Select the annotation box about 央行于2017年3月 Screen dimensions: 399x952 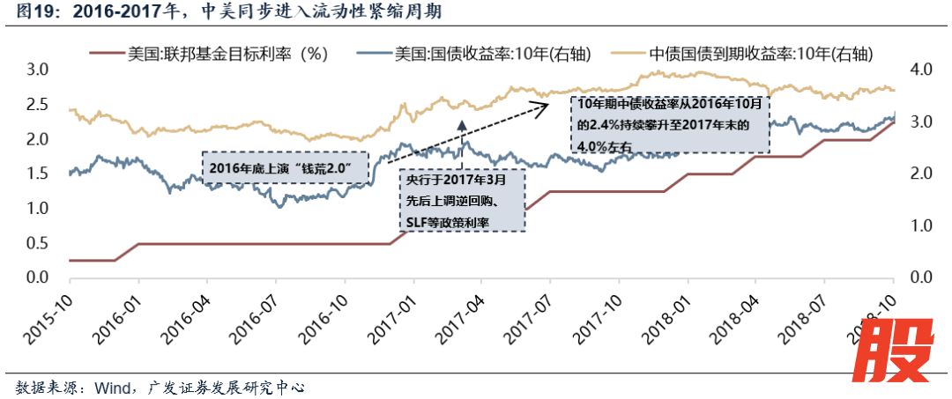click(x=461, y=200)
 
